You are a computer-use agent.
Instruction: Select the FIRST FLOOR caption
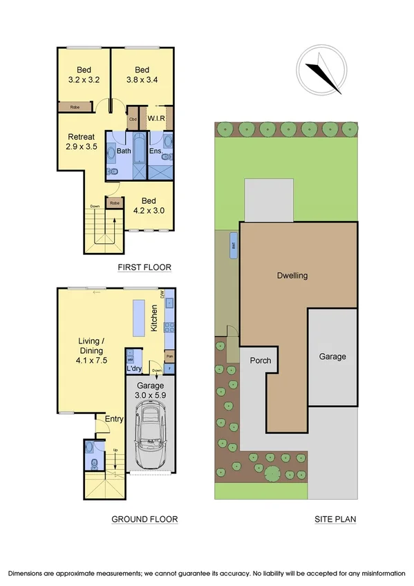tap(144, 267)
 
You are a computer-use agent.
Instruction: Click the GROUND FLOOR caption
tap(145, 519)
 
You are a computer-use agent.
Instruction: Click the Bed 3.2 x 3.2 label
tap(84, 75)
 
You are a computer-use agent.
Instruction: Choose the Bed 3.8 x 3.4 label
tap(142, 75)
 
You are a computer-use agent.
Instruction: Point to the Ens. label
tap(156, 151)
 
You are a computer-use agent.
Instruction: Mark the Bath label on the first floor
tap(124, 151)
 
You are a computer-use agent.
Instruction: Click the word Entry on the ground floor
tap(114, 419)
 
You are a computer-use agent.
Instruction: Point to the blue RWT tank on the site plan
tap(234, 245)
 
